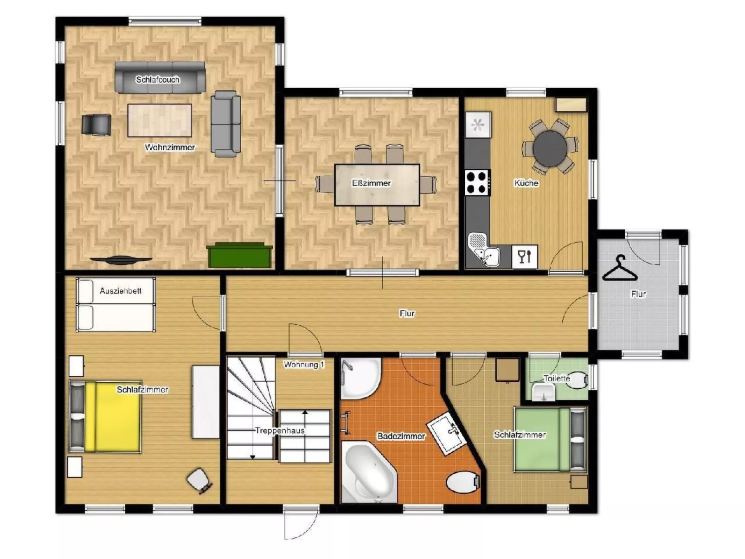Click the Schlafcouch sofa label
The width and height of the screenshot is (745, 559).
click(x=158, y=79)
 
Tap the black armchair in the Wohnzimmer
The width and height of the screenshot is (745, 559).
click(x=96, y=125)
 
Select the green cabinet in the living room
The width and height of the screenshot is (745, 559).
click(x=239, y=255)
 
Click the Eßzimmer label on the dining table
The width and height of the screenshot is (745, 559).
click(x=371, y=183)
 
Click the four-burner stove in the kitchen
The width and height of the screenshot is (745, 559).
click(x=477, y=182)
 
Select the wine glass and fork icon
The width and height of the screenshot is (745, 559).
click(x=525, y=257)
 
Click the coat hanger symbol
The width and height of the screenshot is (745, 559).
click(x=620, y=269)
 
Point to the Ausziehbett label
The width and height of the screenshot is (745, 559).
click(x=120, y=291)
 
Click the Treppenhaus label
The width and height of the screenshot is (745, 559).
click(x=280, y=430)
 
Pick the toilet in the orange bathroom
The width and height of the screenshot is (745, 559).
click(x=462, y=482)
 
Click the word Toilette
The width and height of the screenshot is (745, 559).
click(x=557, y=378)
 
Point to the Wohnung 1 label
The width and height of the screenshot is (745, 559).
click(x=304, y=365)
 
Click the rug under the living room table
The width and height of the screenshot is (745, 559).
click(x=160, y=120)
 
